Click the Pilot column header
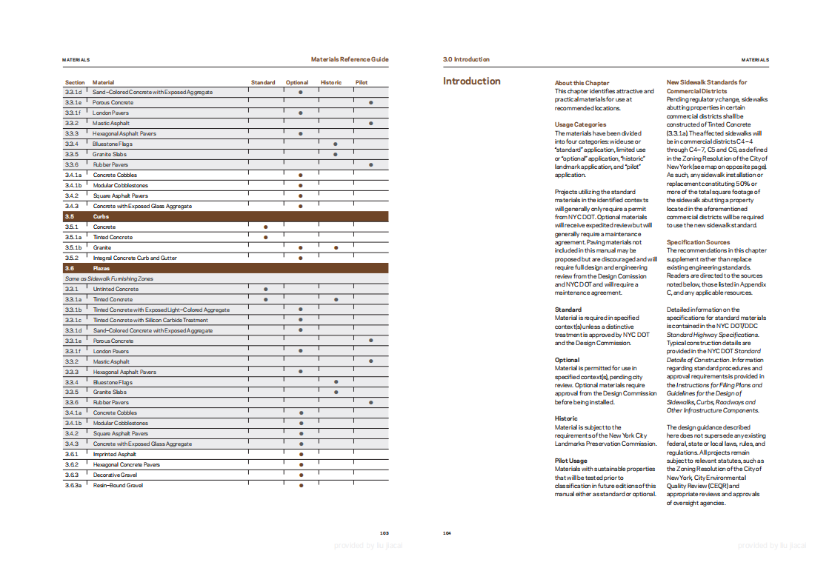361,82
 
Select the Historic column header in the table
330,82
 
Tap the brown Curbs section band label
101,216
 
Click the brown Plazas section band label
101,268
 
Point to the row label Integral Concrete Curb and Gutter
135,258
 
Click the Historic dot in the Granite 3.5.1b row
336,247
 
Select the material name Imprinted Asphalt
115,454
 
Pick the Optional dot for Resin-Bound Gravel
301,485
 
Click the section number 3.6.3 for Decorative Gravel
72,475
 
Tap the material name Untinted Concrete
116,289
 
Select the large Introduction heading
472,81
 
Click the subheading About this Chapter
582,83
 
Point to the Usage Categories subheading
580,124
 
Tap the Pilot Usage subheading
570,461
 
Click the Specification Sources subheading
698,242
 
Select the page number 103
385,532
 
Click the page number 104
447,532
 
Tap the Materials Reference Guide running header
350,59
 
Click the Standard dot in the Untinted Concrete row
265,289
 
